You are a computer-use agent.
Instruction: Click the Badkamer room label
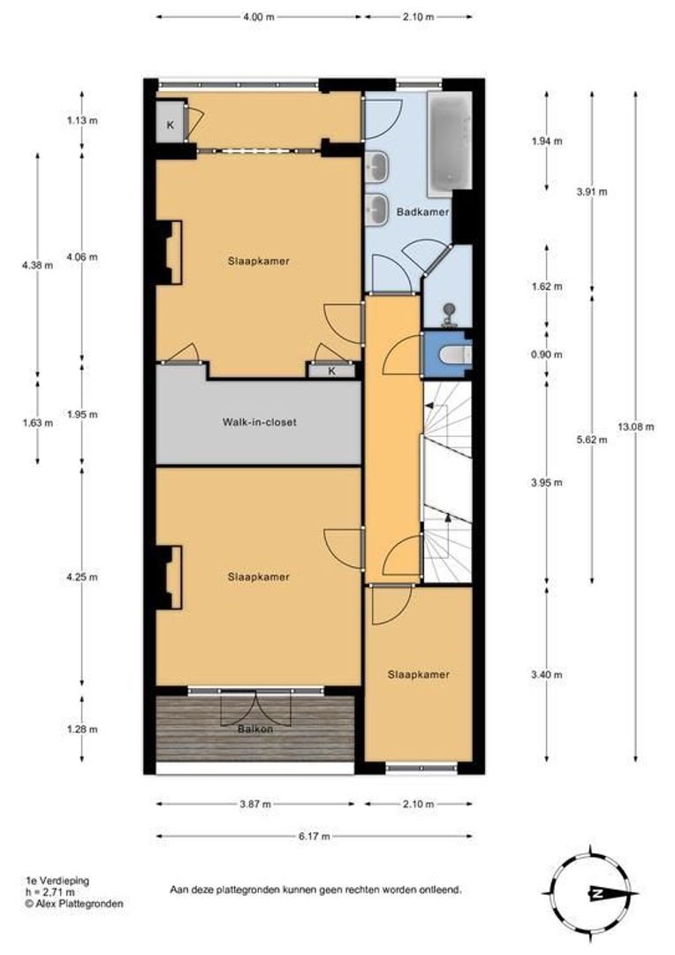click(422, 212)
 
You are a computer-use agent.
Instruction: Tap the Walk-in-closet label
click(259, 422)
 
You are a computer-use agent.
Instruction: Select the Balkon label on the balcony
click(255, 729)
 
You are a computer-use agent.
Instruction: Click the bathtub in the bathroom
click(450, 143)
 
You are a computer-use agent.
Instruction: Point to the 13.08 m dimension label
click(635, 427)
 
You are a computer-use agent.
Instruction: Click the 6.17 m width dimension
click(314, 837)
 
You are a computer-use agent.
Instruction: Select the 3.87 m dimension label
click(255, 804)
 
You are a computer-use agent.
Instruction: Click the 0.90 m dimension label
click(547, 355)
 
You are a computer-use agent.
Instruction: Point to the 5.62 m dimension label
click(592, 439)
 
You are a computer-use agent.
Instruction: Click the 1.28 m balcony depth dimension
click(82, 729)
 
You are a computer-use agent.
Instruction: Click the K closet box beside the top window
click(171, 126)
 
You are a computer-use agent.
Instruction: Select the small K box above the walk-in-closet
click(331, 371)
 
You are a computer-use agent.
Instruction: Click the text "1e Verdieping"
click(57, 881)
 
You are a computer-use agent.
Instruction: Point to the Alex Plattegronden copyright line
click(73, 904)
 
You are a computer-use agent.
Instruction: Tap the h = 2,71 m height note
click(49, 892)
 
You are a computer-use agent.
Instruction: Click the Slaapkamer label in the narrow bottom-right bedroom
click(419, 674)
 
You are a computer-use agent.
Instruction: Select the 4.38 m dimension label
click(37, 265)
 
